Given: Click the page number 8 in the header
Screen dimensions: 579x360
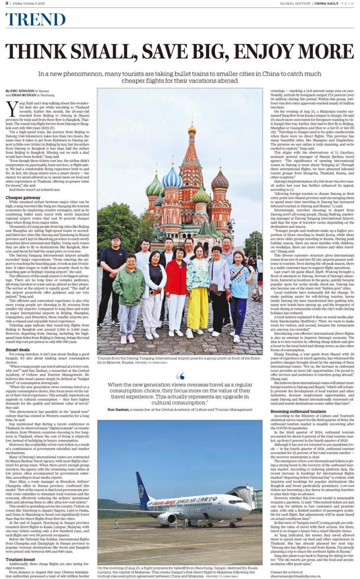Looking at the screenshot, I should (7, 4).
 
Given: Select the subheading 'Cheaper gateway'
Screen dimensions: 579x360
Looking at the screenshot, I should (23, 197).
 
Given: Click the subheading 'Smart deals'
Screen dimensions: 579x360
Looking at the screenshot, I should (18, 349).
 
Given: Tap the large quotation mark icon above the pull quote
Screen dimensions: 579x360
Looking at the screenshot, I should (180, 376).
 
